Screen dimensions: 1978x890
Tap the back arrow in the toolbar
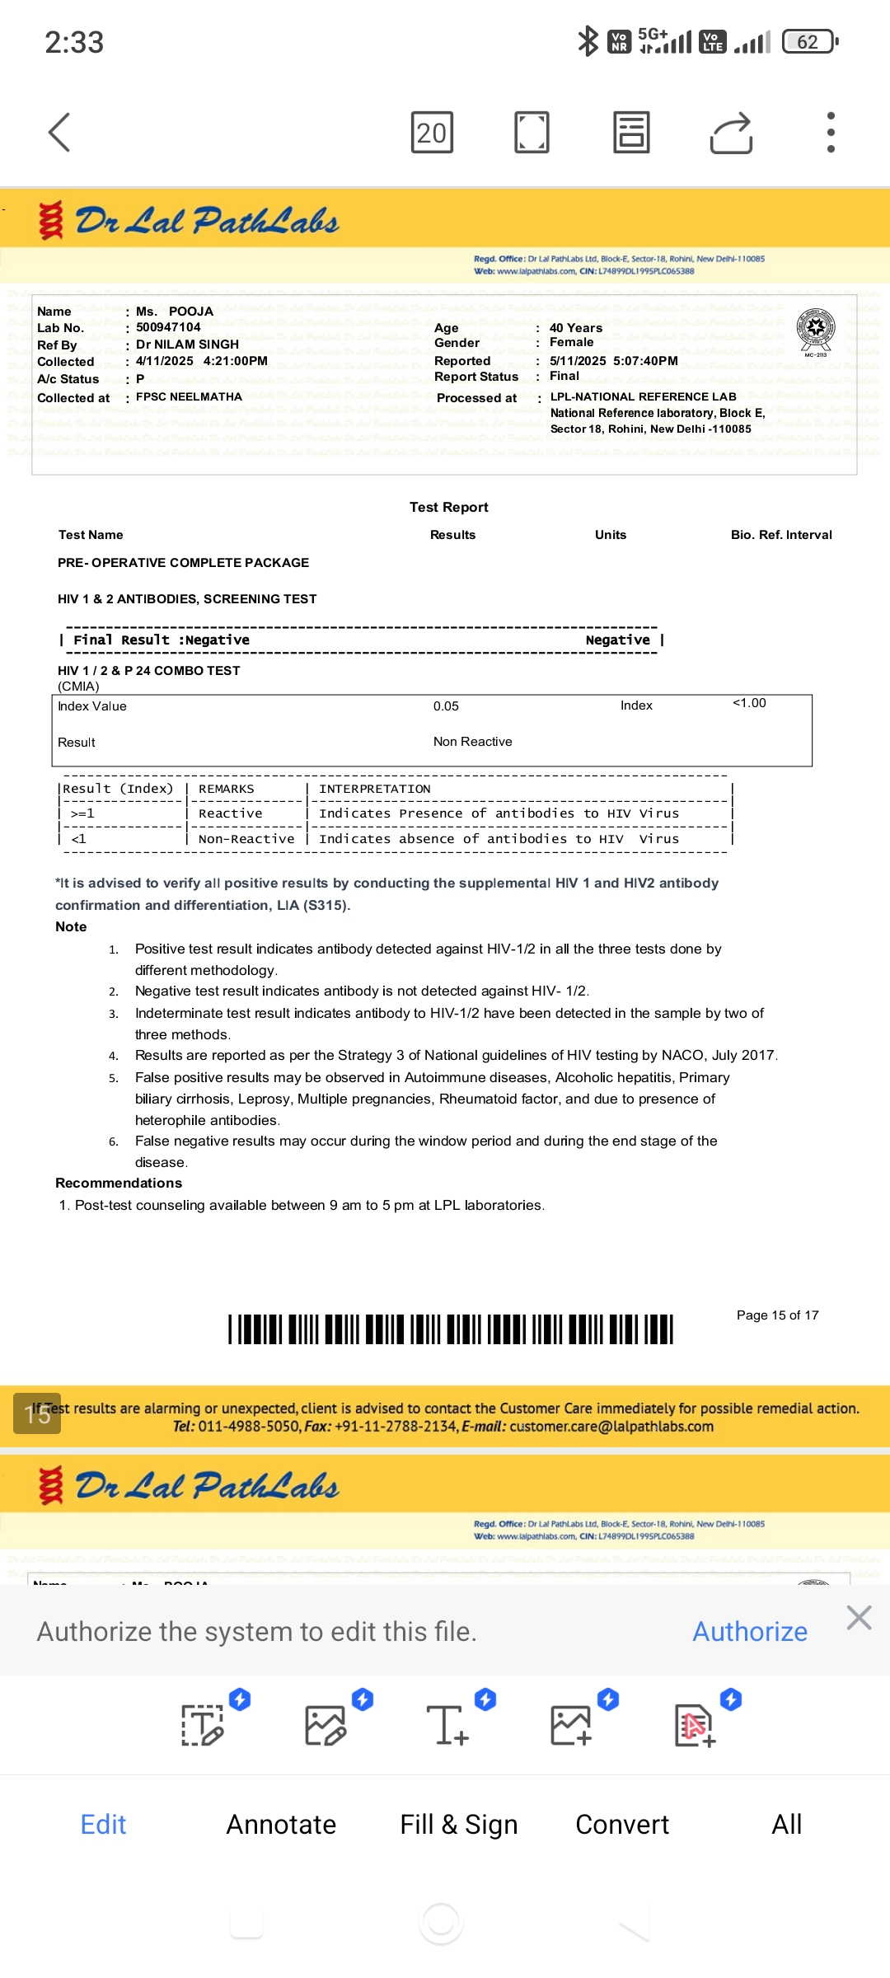click(x=59, y=132)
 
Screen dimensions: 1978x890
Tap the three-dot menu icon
click(x=831, y=132)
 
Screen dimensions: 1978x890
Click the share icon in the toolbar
click(x=731, y=132)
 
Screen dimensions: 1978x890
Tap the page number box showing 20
click(x=432, y=132)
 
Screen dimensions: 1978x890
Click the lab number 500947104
click(x=168, y=327)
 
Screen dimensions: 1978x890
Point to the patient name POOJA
click(x=190, y=311)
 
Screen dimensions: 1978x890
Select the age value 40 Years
click(x=575, y=328)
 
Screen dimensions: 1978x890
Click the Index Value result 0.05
click(x=446, y=706)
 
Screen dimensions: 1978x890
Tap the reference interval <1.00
click(x=749, y=703)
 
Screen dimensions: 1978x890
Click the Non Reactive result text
click(x=472, y=742)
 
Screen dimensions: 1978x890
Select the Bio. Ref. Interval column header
click(x=781, y=535)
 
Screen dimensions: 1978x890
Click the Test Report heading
click(x=448, y=507)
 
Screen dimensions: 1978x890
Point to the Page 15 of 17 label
click(x=777, y=1315)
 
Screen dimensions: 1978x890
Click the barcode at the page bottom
click(x=450, y=1329)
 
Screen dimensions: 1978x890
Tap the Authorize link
click(x=749, y=1632)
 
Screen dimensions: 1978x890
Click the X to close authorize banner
click(x=859, y=1618)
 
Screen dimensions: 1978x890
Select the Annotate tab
click(x=281, y=1825)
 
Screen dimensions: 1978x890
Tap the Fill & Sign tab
click(x=458, y=1825)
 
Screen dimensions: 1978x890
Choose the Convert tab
click(x=622, y=1825)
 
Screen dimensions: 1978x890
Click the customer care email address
click(x=611, y=1427)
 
